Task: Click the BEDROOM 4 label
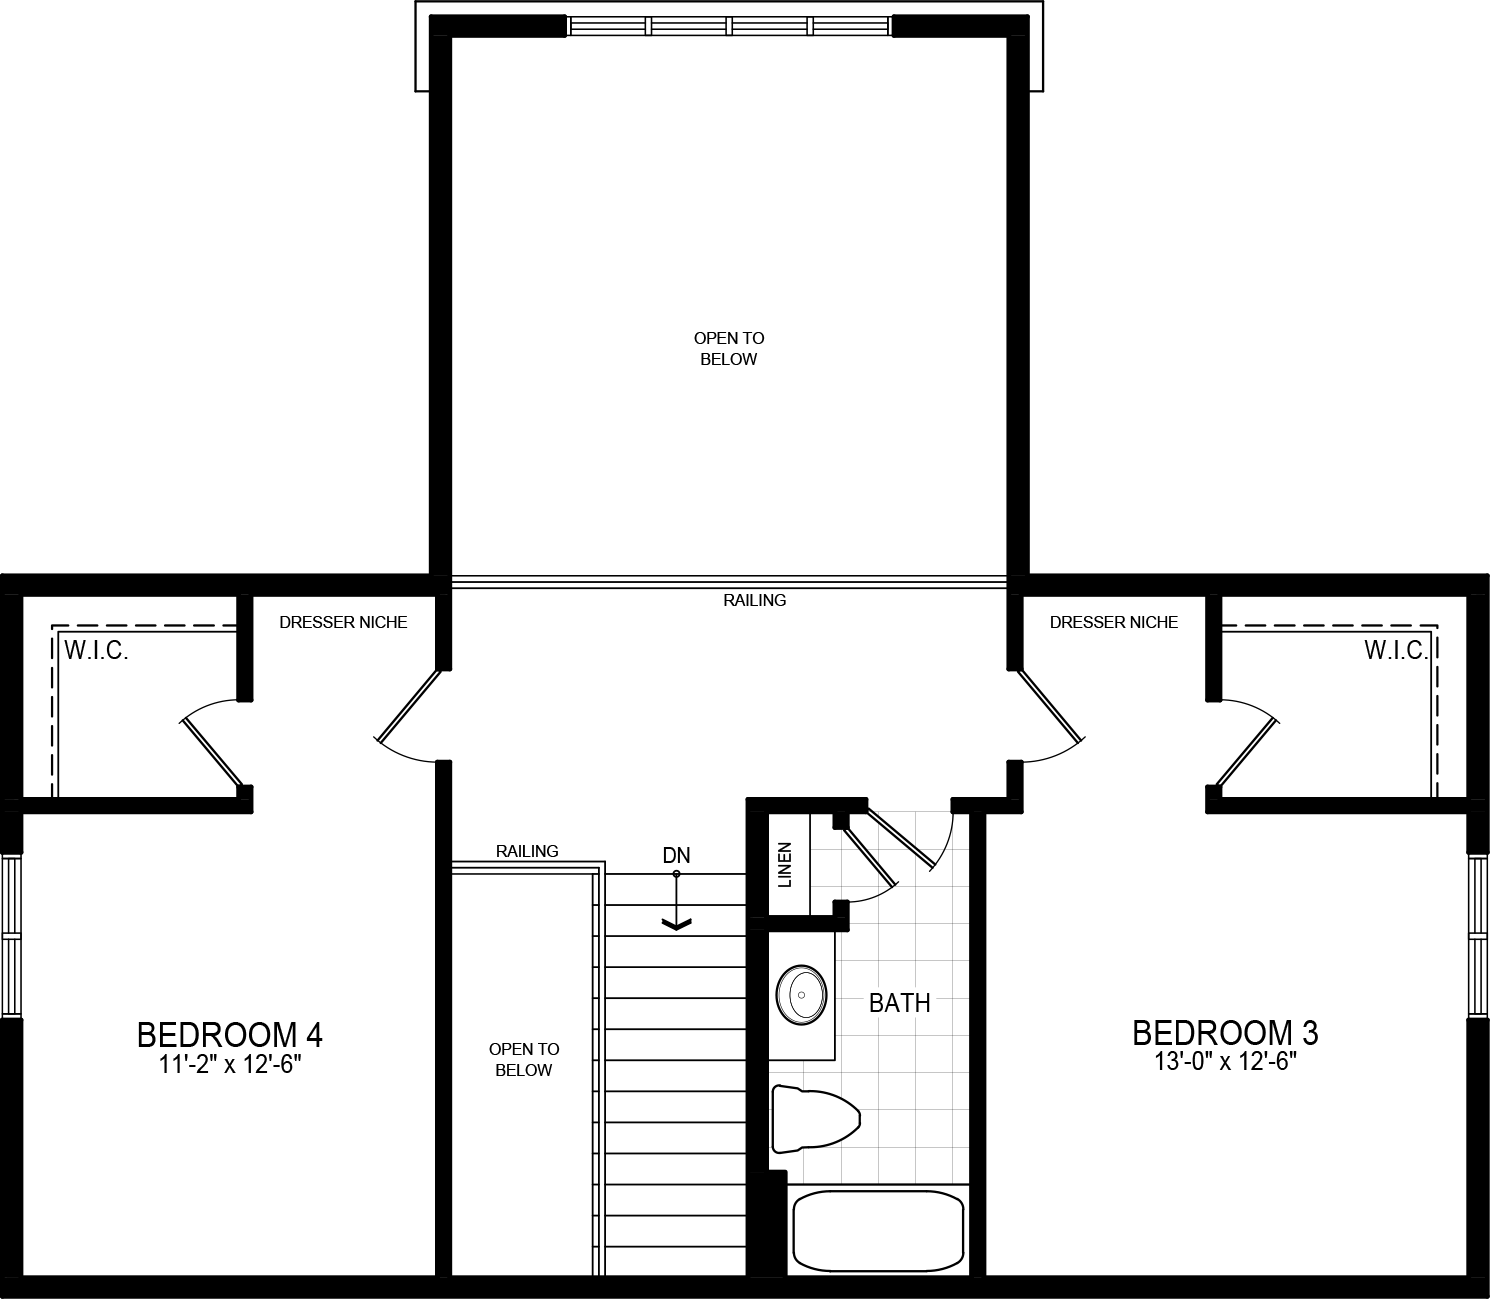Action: coord(229,1033)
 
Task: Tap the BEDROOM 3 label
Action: coord(1225,1031)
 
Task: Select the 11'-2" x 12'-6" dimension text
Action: coord(229,1065)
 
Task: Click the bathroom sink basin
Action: coord(801,995)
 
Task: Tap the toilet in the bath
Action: coord(815,1119)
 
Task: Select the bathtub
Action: coord(878,1230)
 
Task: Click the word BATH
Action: coord(899,1003)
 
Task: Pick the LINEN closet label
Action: coord(785,865)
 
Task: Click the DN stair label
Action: coord(677,856)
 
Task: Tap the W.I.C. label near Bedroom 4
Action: coord(96,651)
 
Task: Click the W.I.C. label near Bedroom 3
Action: coord(1396,651)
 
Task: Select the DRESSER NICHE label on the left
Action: coord(343,623)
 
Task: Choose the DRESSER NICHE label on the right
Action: coord(1113,623)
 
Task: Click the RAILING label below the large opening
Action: coord(755,601)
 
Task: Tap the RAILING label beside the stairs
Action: coord(527,851)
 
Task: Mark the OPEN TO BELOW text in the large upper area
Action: coord(729,349)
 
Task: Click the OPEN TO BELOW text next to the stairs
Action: coord(523,1060)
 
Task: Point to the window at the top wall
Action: coord(730,26)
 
